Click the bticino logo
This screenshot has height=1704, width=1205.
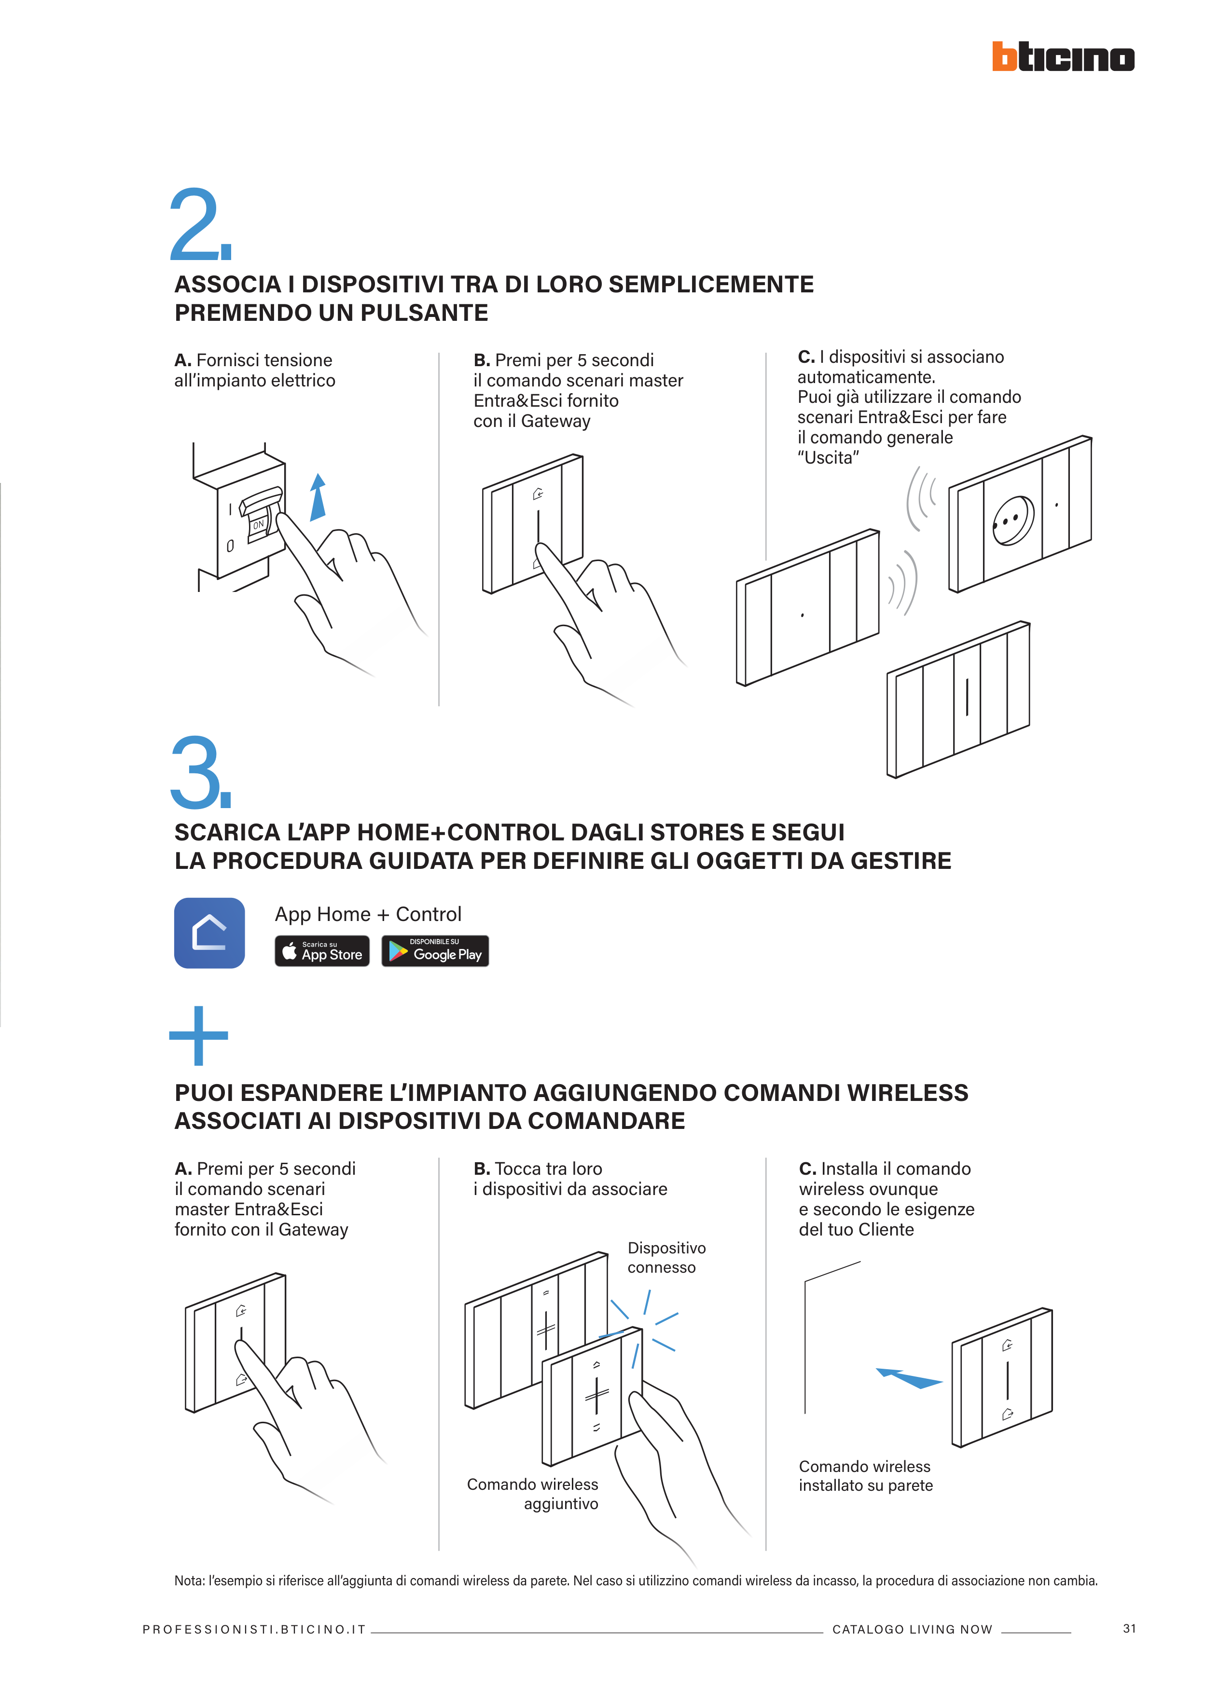point(1063,56)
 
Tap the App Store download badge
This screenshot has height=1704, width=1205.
point(322,951)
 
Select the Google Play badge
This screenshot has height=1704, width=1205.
point(435,951)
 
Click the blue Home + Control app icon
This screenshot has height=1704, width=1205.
point(209,933)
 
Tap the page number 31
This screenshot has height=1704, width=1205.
point(1129,1628)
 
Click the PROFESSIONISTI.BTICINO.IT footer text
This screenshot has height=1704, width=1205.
point(254,1629)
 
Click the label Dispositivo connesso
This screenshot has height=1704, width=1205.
point(666,1257)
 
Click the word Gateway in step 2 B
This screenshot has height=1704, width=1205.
point(555,422)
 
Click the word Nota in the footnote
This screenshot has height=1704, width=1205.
point(189,1580)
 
